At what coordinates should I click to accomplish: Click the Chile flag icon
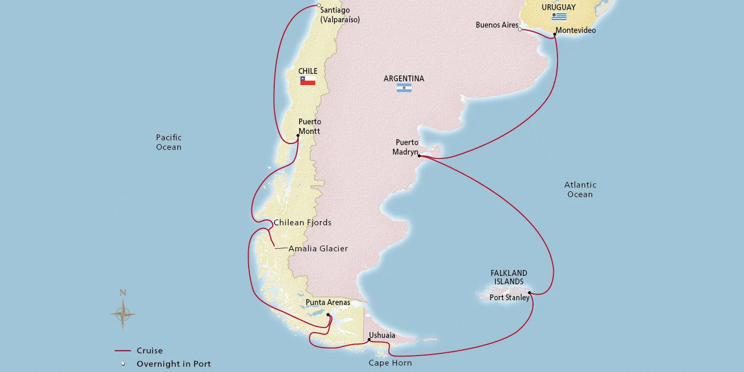coord(308,81)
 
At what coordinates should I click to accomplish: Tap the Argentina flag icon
coord(404,88)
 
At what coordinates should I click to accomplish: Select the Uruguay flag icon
coord(559,16)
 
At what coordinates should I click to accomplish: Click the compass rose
coord(123,314)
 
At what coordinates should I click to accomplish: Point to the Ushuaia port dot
coord(369,340)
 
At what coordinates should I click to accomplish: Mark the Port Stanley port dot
coord(529,292)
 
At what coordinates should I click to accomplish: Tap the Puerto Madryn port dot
coord(419,156)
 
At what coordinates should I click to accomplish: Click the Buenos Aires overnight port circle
coord(520,30)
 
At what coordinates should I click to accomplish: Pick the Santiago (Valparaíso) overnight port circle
coord(318,6)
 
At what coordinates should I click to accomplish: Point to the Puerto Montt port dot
coord(298,136)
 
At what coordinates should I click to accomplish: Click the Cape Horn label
coord(390,363)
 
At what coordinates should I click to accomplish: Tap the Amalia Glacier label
coord(318,249)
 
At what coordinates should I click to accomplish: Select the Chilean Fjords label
coord(302,223)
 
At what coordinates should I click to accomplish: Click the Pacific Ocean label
coord(168,142)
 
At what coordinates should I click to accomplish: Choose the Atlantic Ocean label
coord(580,190)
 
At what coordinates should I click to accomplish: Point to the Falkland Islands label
coord(509,277)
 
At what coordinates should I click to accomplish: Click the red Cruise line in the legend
coord(123,351)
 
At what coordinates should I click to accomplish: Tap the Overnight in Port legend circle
coord(123,364)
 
